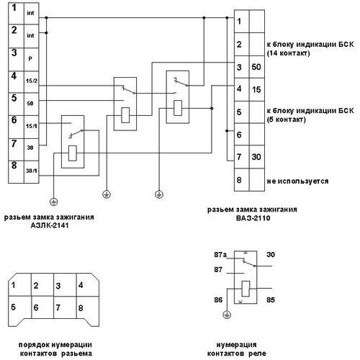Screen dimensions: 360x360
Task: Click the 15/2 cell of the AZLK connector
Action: pyautogui.click(x=32, y=81)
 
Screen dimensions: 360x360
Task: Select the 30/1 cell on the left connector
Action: pyautogui.click(x=32, y=172)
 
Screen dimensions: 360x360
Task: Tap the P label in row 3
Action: pyautogui.click(x=30, y=58)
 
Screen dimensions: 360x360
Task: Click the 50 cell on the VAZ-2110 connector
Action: pyautogui.click(x=257, y=67)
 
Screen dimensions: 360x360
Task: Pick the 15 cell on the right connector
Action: pyautogui.click(x=257, y=89)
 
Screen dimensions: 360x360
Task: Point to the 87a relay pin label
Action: pyautogui.click(x=220, y=255)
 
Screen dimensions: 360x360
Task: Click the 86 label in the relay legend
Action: pyautogui.click(x=218, y=300)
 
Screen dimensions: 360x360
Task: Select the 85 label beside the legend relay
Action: pyautogui.click(x=271, y=300)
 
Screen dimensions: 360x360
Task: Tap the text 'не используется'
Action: pyautogui.click(x=297, y=181)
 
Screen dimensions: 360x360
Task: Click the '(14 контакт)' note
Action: pyautogui.click(x=288, y=53)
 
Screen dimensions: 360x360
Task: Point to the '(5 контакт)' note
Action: pyautogui.click(x=286, y=120)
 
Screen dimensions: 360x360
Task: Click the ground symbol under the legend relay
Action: pyautogui.click(x=227, y=315)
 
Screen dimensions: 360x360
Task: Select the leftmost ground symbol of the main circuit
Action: pyautogui.click(x=53, y=202)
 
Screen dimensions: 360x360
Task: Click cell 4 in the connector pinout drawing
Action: pyautogui.click(x=88, y=284)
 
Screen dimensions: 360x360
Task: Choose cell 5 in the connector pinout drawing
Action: pyautogui.click(x=20, y=308)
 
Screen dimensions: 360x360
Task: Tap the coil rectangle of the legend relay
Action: pyautogui.click(x=246, y=289)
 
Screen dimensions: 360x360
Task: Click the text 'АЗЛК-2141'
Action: pyautogui.click(x=50, y=225)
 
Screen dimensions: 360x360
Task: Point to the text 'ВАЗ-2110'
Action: pyautogui.click(x=253, y=218)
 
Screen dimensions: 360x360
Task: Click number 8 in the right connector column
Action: pyautogui.click(x=239, y=180)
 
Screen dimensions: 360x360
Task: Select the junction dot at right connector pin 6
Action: pyautogui.click(x=227, y=131)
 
